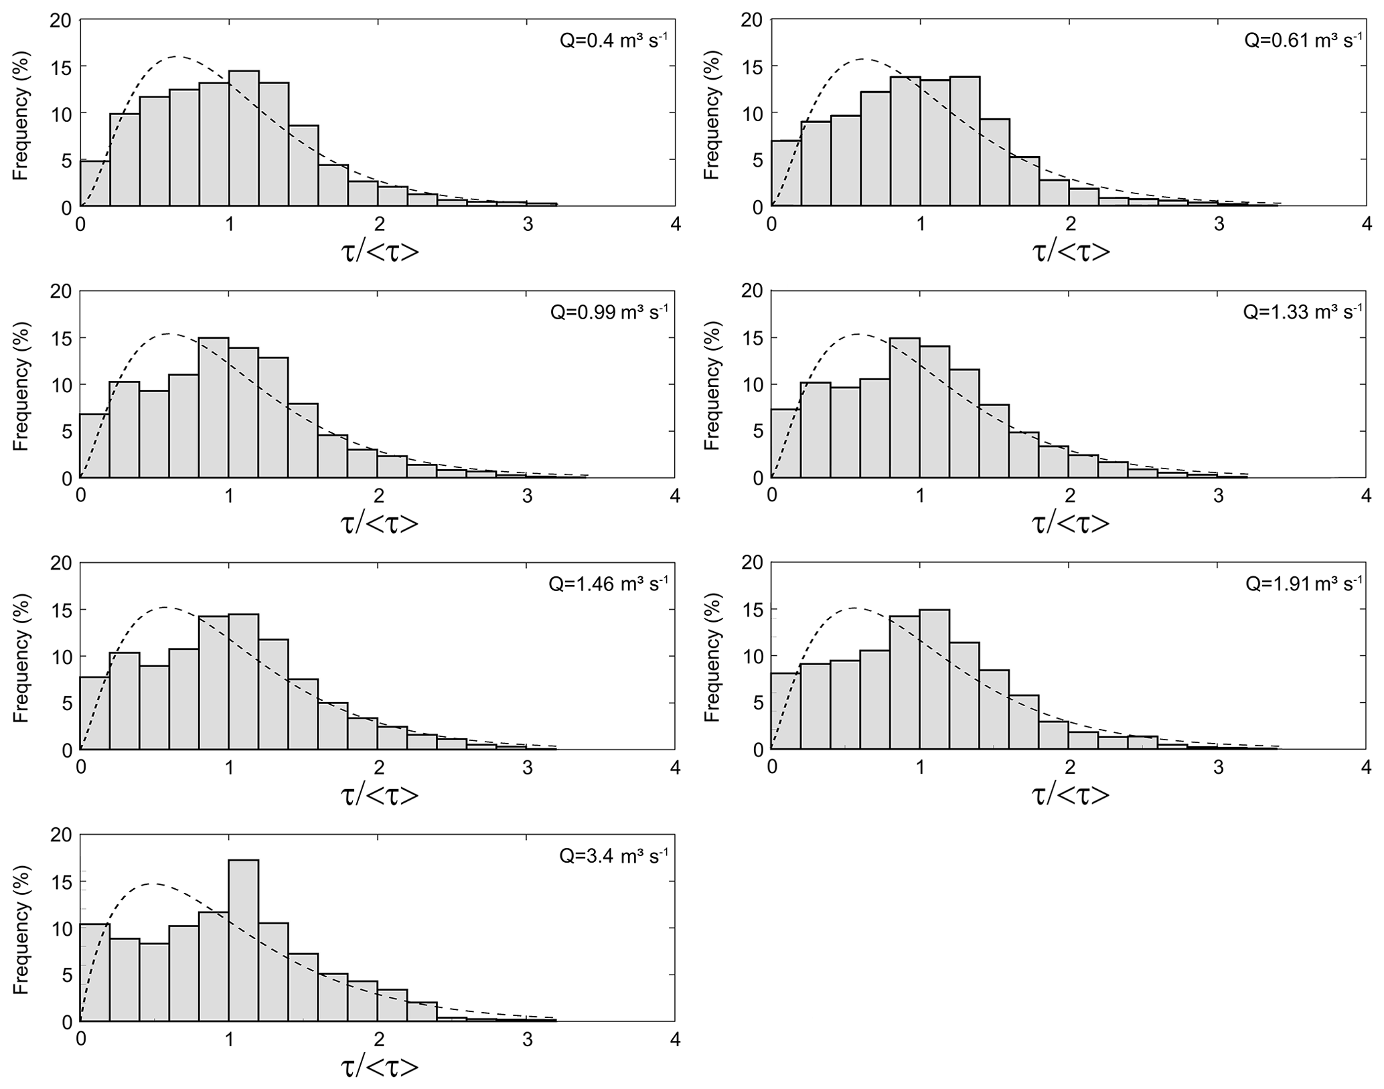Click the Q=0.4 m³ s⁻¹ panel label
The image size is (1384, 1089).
tap(613, 40)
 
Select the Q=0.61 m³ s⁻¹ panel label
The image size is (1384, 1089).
tap(1303, 40)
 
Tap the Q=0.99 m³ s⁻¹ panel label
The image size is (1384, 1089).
tap(609, 312)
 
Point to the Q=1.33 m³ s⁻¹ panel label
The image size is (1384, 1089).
tap(1302, 312)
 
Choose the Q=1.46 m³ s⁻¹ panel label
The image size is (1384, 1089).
tap(608, 584)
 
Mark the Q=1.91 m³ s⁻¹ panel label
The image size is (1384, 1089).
tap(1304, 584)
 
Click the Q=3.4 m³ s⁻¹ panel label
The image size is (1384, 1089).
tap(613, 855)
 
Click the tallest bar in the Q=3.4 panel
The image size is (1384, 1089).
tap(244, 940)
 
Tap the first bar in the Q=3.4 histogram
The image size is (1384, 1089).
tap(95, 973)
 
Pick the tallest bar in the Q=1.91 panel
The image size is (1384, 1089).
tap(935, 679)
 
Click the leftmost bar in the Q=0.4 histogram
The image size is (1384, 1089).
tap(95, 184)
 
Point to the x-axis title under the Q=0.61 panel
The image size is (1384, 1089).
tap(1071, 251)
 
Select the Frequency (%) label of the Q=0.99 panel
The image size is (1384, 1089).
tap(21, 385)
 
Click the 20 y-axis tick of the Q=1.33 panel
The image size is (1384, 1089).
tap(752, 291)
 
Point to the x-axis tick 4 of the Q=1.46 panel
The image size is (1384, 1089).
tap(675, 767)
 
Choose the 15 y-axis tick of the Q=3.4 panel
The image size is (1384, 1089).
tap(62, 882)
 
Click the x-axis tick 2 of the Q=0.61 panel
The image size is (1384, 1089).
tap(1069, 224)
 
